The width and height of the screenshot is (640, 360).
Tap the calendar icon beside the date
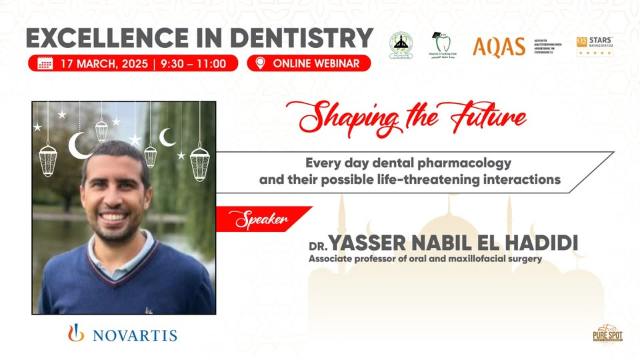(x=45, y=64)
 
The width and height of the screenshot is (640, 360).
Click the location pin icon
(x=259, y=63)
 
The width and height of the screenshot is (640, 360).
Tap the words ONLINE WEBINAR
(x=316, y=64)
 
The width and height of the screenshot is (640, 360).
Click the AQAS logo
(x=499, y=47)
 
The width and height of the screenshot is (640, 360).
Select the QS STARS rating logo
(x=595, y=46)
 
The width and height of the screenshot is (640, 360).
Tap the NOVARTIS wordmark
(x=135, y=335)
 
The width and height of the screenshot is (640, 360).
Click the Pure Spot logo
(x=607, y=333)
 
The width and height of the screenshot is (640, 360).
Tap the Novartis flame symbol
(x=77, y=332)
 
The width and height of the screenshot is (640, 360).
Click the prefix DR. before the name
(x=318, y=245)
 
